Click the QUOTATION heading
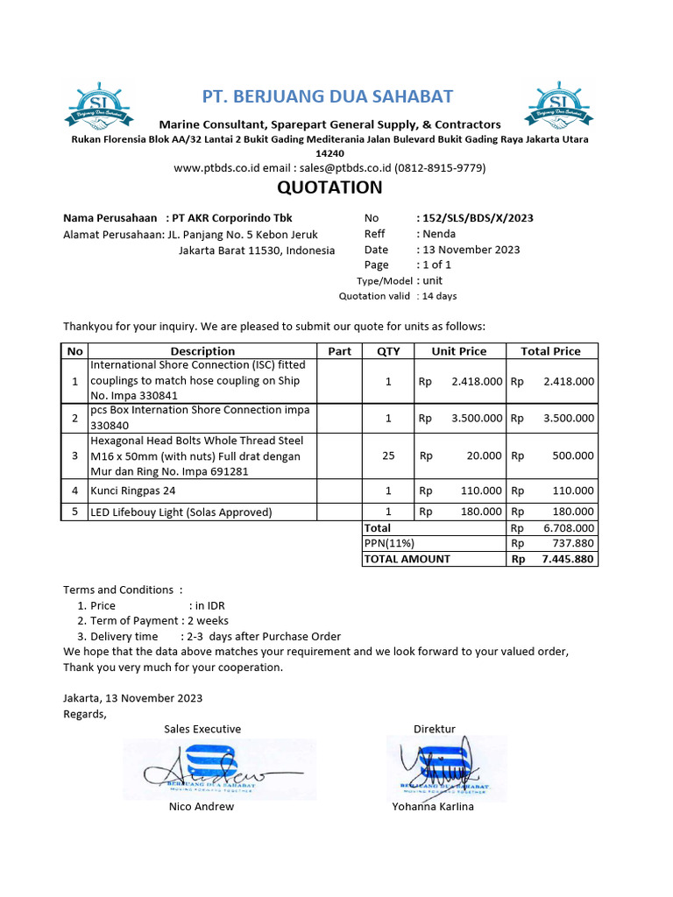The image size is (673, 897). [x=329, y=187]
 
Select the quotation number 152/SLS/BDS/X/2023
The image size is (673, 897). [x=478, y=218]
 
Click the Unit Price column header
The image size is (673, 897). [x=458, y=351]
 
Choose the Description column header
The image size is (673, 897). [x=202, y=351]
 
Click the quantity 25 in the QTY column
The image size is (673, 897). [x=388, y=456]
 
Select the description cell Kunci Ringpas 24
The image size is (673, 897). [x=133, y=491]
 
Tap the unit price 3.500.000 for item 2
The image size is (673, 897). [x=477, y=419]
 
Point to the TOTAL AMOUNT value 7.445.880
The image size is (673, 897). [x=567, y=559]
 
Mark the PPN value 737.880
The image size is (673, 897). [x=574, y=543]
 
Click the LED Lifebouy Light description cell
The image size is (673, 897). [x=181, y=512]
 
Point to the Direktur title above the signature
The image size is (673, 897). [x=435, y=729]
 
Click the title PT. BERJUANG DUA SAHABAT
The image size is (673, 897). [x=328, y=96]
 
